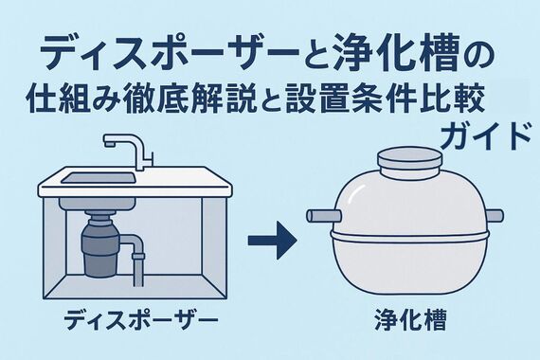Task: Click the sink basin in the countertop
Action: coord(99,176)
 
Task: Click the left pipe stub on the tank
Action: coord(320,217)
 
